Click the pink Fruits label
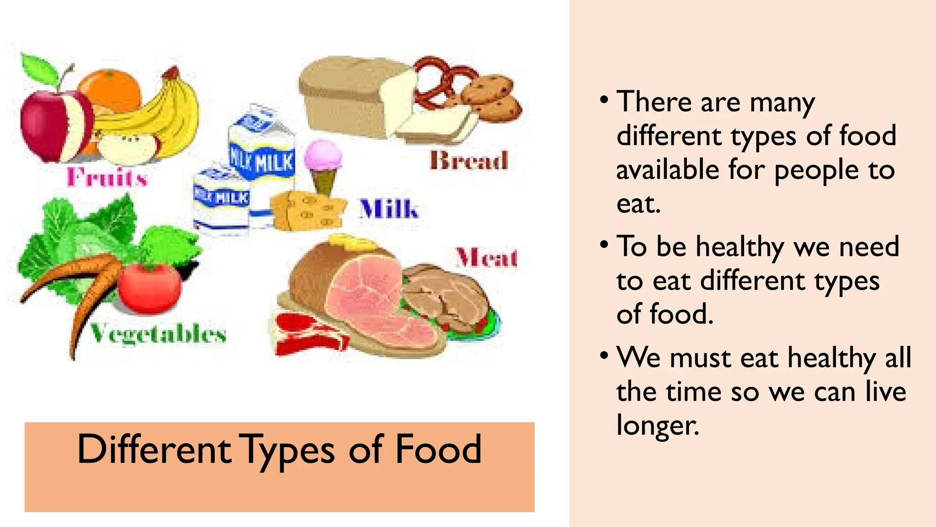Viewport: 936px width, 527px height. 107,177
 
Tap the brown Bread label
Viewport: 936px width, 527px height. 469,161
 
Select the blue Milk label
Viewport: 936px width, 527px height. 388,209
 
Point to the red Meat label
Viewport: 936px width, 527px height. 487,258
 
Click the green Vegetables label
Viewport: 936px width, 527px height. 158,333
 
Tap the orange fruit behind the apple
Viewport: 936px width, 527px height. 110,89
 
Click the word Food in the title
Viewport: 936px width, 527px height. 438,449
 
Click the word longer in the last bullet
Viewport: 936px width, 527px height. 657,425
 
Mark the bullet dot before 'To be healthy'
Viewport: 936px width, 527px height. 604,245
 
